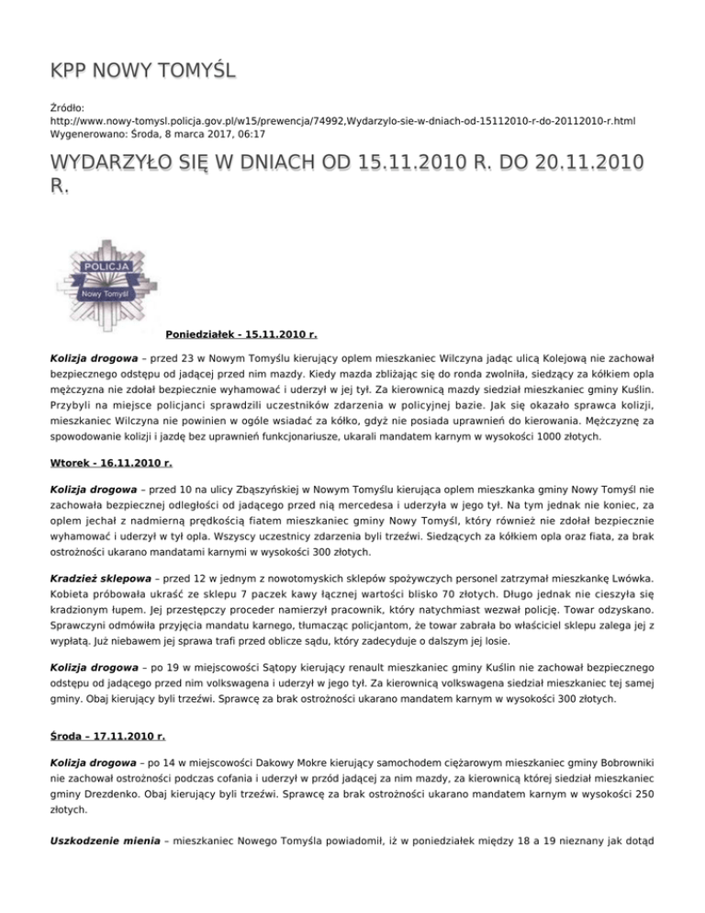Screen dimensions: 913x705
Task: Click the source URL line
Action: point(329,120)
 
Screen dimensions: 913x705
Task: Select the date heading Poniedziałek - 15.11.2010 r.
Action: point(241,334)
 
